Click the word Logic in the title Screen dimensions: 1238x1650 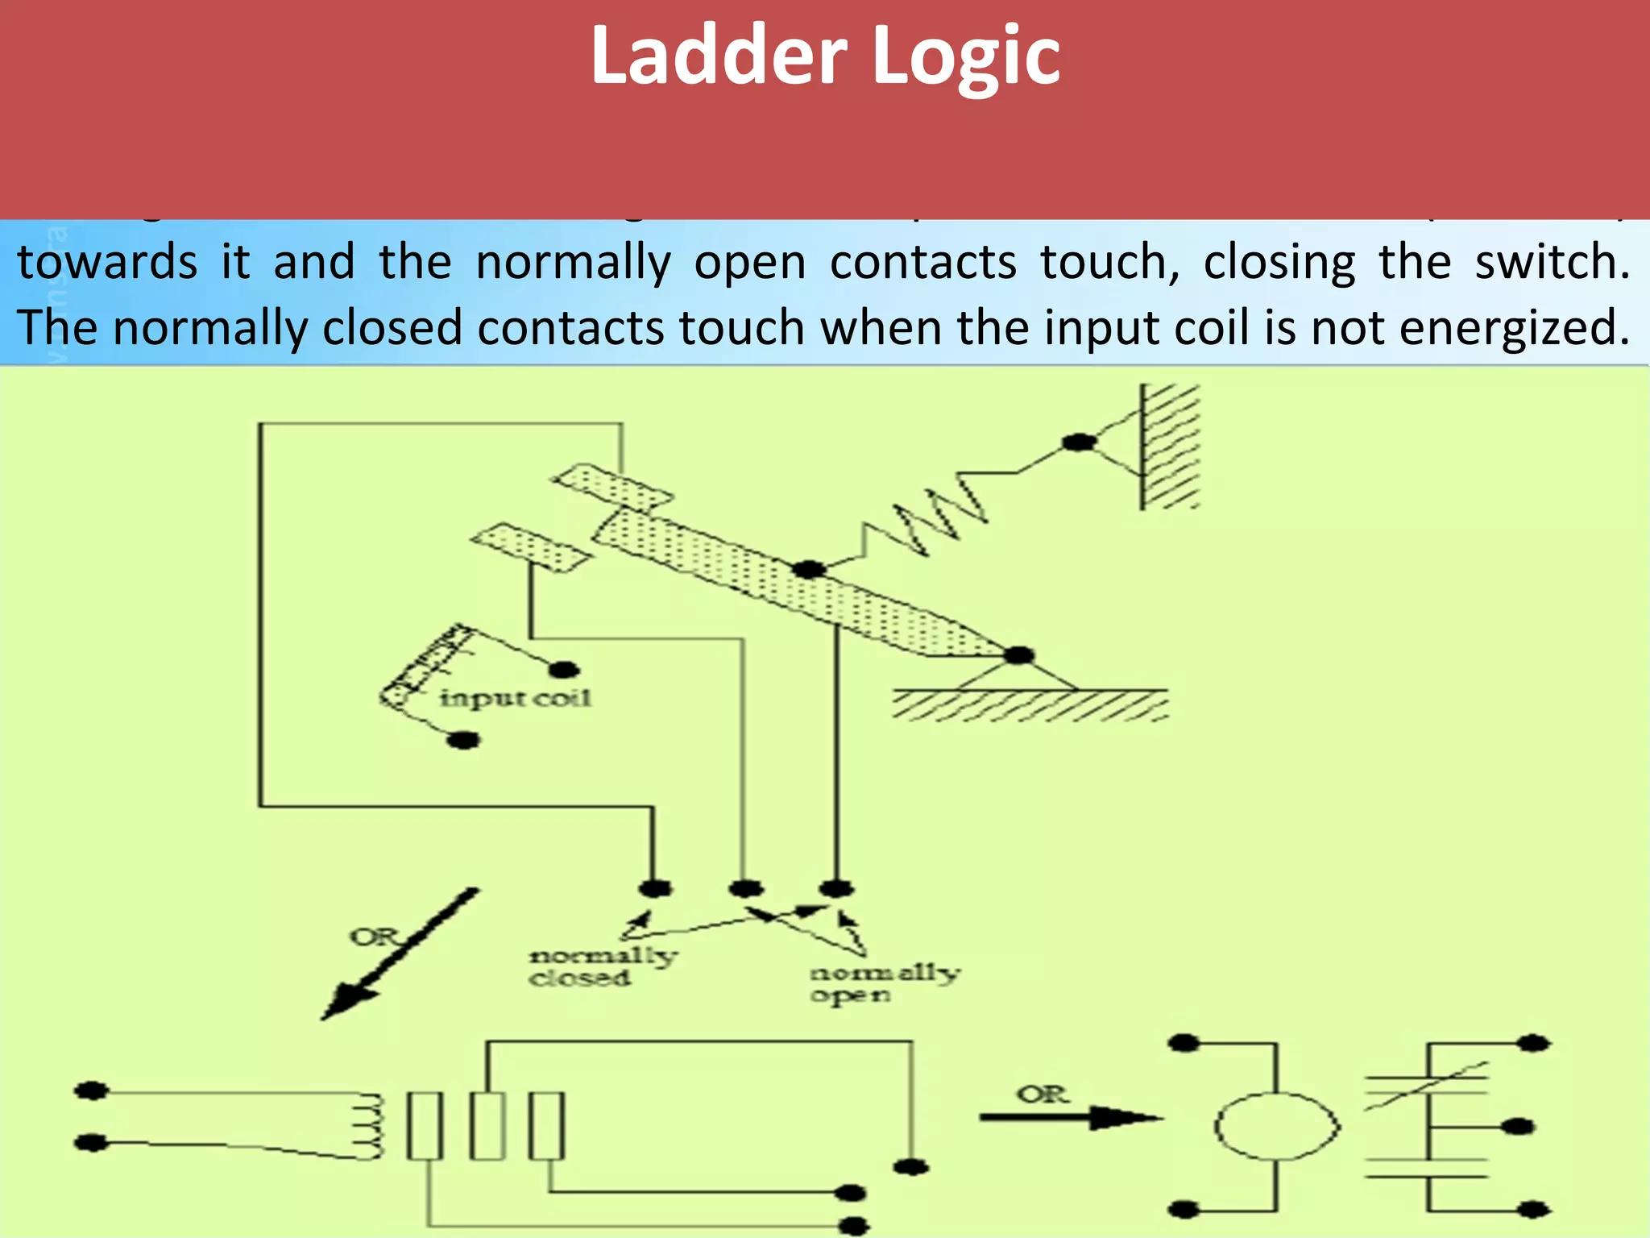click(x=966, y=56)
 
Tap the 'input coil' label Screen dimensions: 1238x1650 click(x=515, y=697)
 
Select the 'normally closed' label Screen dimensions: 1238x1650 click(x=600, y=966)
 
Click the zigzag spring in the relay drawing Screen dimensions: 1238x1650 click(x=927, y=516)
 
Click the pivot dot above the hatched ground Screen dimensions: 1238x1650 click(x=1018, y=654)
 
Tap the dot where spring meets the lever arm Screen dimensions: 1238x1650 click(x=808, y=569)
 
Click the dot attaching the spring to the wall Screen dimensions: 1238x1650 click(x=1078, y=442)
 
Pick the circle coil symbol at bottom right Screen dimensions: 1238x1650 click(x=1277, y=1126)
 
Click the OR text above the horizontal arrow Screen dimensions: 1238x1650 click(x=1043, y=1095)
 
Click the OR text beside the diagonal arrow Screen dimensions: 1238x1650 click(x=374, y=937)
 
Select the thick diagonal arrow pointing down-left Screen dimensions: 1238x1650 click(x=400, y=954)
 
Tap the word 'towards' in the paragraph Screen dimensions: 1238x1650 click(x=107, y=262)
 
